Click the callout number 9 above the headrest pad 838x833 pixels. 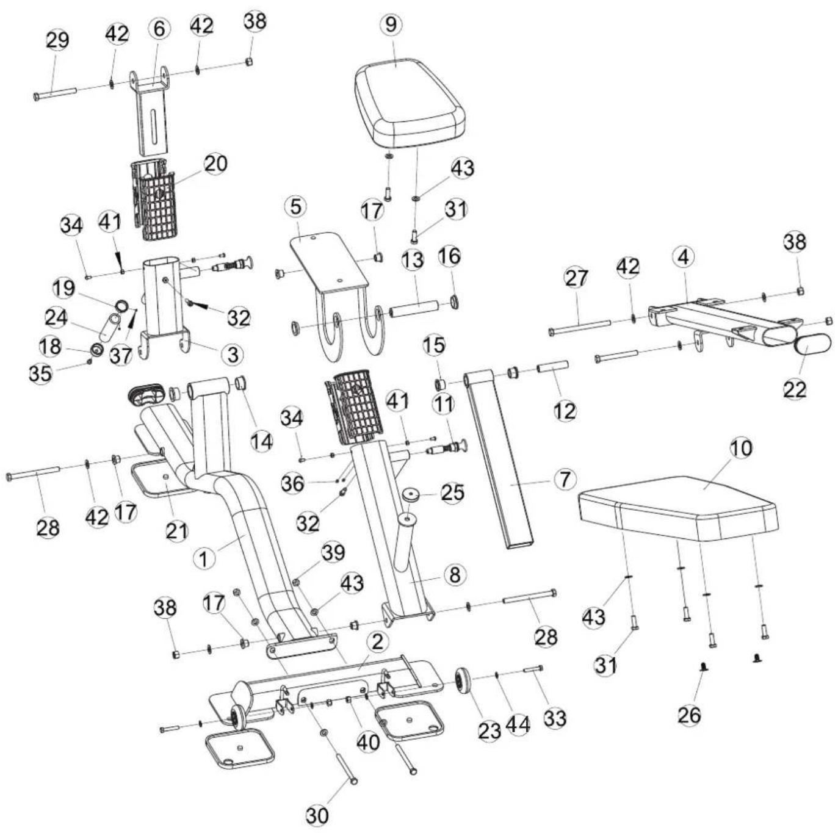point(391,24)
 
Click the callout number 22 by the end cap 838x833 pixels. point(795,389)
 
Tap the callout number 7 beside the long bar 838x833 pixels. point(564,479)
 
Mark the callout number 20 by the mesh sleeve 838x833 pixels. point(216,164)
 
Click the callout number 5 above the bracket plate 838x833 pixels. point(295,206)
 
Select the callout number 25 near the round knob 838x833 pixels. point(452,492)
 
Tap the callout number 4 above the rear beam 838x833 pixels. point(683,258)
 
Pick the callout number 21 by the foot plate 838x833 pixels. point(176,531)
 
